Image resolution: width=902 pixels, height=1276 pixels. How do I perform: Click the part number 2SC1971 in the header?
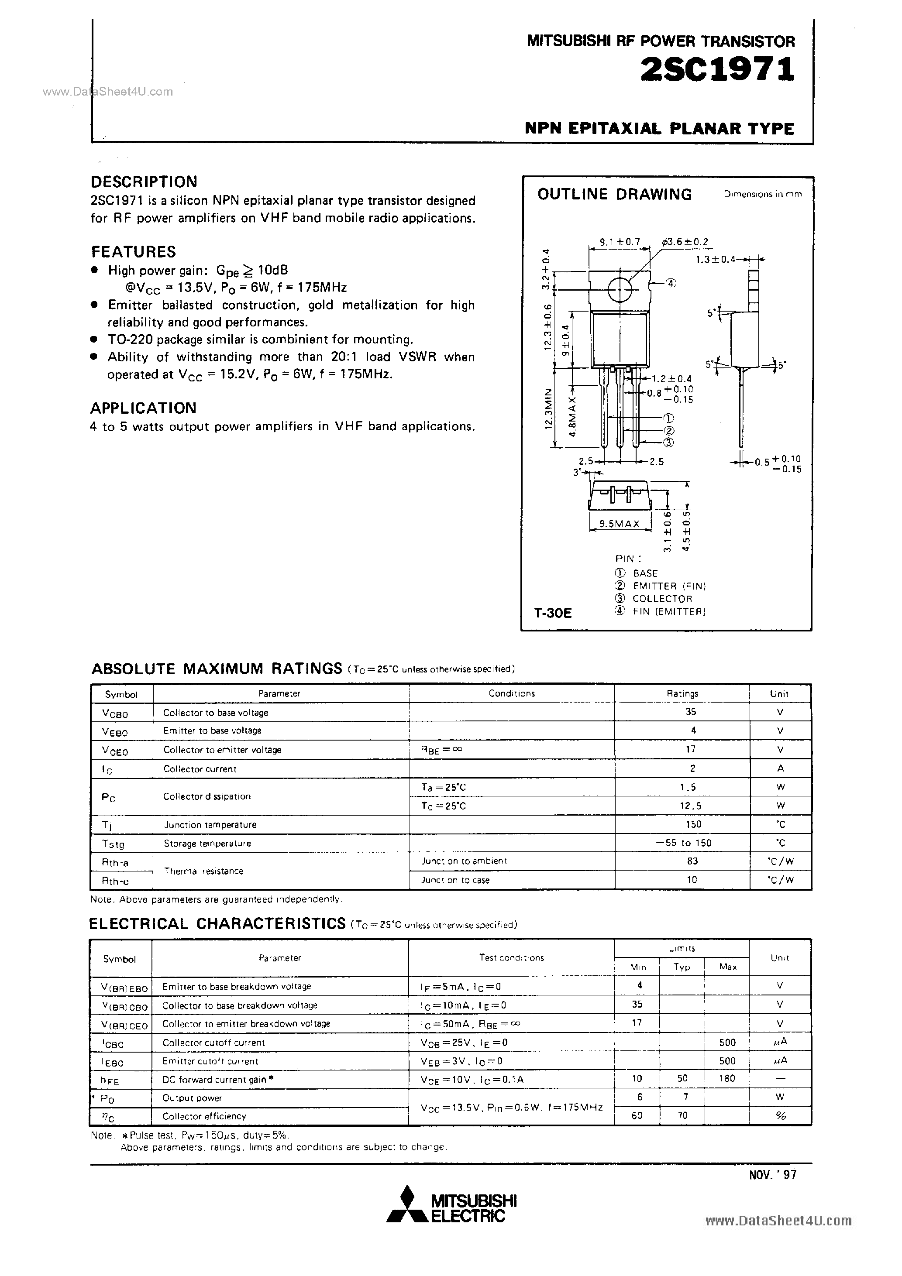tap(717, 71)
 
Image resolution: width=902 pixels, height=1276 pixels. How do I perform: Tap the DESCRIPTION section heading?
tap(144, 182)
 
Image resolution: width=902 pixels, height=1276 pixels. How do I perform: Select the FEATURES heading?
tap(134, 252)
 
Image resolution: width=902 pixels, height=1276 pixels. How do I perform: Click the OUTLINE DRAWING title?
tap(614, 195)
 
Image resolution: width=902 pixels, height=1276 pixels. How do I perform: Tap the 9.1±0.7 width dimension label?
tap(620, 242)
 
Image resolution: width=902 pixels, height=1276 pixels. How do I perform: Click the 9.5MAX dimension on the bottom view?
tap(620, 524)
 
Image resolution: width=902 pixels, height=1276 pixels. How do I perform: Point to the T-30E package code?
tap(553, 613)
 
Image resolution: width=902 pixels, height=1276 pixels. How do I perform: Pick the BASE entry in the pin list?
tap(645, 573)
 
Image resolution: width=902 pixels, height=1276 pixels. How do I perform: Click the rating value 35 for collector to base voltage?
tap(691, 712)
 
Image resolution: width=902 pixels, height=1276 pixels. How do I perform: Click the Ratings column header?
tap(682, 693)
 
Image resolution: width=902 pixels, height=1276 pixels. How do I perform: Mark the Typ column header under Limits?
tap(682, 967)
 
